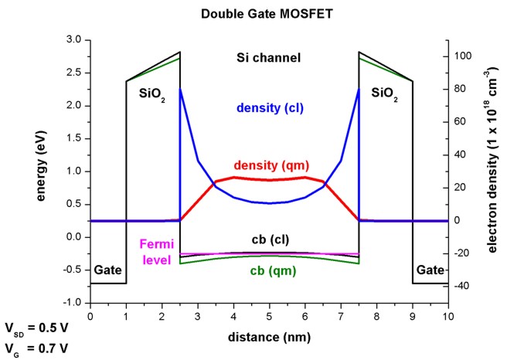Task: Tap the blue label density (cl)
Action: pos(269,107)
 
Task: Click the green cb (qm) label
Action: pos(269,270)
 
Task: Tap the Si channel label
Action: pos(269,57)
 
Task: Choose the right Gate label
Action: pos(430,271)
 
